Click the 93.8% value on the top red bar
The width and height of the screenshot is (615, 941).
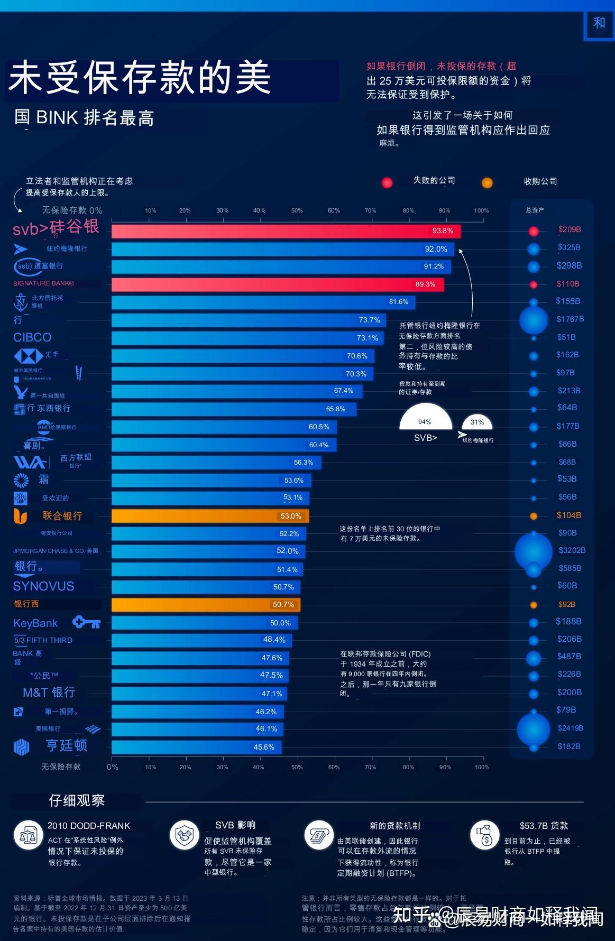(443, 230)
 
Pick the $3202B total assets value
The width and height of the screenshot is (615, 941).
(572, 550)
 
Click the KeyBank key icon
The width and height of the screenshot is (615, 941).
(86, 622)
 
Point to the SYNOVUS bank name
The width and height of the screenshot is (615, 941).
(44, 586)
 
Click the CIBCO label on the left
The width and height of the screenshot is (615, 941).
(32, 337)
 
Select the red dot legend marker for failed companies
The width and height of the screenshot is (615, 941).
(387, 182)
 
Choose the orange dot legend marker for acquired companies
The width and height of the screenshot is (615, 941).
(487, 183)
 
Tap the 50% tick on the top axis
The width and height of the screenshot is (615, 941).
(297, 210)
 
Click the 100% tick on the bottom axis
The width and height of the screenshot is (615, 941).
(482, 767)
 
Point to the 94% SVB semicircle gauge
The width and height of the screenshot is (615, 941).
(425, 418)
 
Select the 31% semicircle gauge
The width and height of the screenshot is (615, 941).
(477, 422)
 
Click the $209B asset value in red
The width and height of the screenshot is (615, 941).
(570, 229)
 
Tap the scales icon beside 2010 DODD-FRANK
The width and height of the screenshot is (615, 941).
(28, 835)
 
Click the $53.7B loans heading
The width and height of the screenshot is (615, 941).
(544, 826)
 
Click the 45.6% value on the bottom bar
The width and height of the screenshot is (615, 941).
(264, 747)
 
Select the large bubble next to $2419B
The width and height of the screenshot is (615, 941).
(533, 729)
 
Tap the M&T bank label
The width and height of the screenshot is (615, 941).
(49, 693)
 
